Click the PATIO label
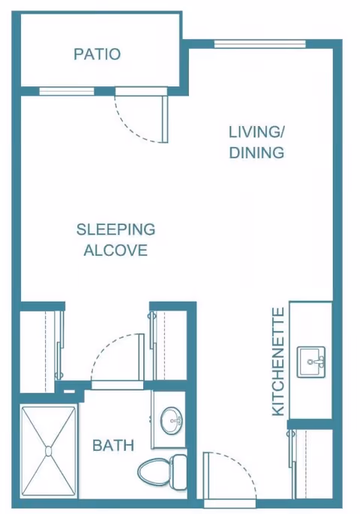click(97, 54)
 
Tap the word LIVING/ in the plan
click(256, 132)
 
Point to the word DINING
click(256, 153)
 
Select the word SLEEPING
click(115, 230)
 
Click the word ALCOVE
click(115, 250)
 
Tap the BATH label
click(113, 446)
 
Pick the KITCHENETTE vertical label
click(278, 362)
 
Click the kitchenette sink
click(311, 362)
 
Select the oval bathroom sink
click(171, 420)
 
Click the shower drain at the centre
click(49, 452)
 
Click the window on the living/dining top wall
click(259, 44)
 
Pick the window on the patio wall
click(67, 91)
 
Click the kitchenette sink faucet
click(316, 362)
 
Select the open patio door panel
click(165, 119)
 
